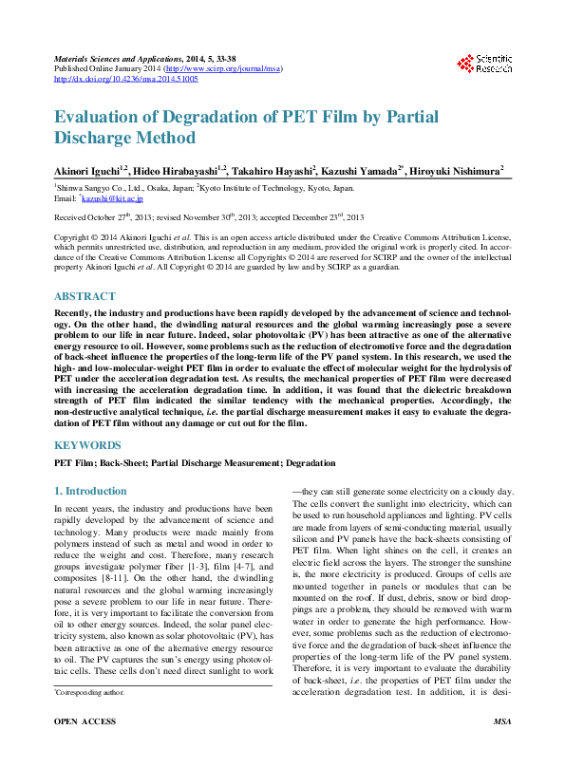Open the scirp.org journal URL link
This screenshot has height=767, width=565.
[222, 69]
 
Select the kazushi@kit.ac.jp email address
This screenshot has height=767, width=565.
[112, 199]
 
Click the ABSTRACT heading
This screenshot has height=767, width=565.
[85, 296]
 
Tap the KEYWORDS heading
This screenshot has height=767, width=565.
[87, 445]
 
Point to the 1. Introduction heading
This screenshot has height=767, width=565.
[90, 491]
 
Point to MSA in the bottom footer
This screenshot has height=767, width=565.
[502, 749]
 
